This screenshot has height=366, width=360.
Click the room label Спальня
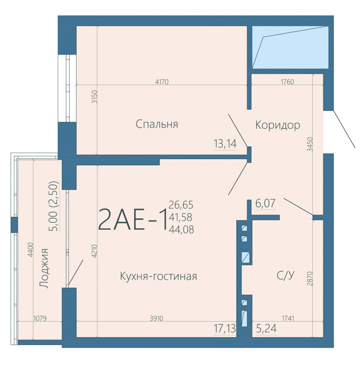tap(157, 124)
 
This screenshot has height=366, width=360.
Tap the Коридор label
tap(278, 125)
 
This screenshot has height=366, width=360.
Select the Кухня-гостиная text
tap(158, 276)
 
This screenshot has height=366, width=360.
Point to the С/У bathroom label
tap(285, 275)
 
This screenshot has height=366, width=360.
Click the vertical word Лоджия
tap(44, 269)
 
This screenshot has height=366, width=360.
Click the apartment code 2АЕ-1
tap(133, 220)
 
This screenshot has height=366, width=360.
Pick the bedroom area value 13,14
tap(225, 143)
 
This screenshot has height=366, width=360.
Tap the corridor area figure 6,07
tap(265, 203)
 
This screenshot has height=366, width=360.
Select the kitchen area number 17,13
tap(225, 328)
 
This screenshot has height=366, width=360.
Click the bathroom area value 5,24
tap(266, 328)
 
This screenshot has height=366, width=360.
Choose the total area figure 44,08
tap(181, 230)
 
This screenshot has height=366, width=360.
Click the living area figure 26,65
tap(181, 205)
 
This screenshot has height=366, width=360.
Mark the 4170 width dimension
tap(162, 82)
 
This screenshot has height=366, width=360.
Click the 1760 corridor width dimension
tap(287, 82)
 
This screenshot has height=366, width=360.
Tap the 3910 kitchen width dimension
tap(156, 318)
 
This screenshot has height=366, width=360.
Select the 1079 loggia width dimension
tap(40, 318)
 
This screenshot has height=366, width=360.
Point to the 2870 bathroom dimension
tap(310, 279)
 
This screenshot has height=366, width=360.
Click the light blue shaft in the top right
tap(290, 48)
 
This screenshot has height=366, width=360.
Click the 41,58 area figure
tap(180, 217)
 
